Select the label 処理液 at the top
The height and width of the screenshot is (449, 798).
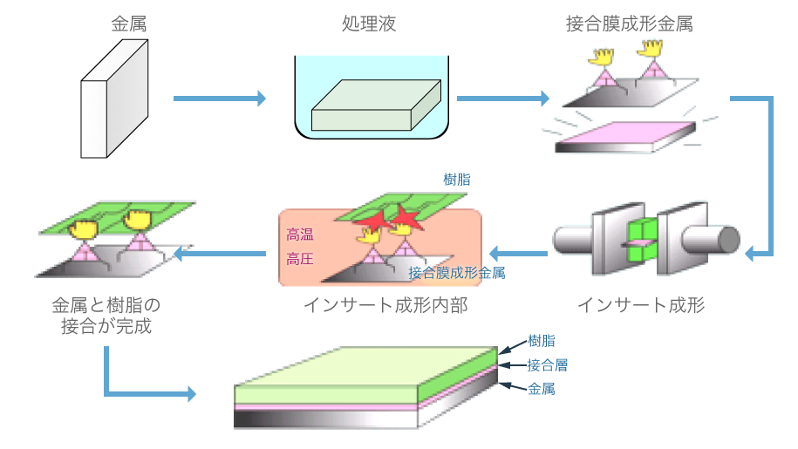[x=369, y=24]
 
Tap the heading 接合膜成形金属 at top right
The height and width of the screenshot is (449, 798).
[x=630, y=24]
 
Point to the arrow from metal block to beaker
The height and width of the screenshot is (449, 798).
[x=219, y=99]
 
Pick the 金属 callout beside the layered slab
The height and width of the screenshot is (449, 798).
[x=542, y=389]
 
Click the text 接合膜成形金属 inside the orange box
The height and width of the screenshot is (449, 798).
[x=457, y=273]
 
